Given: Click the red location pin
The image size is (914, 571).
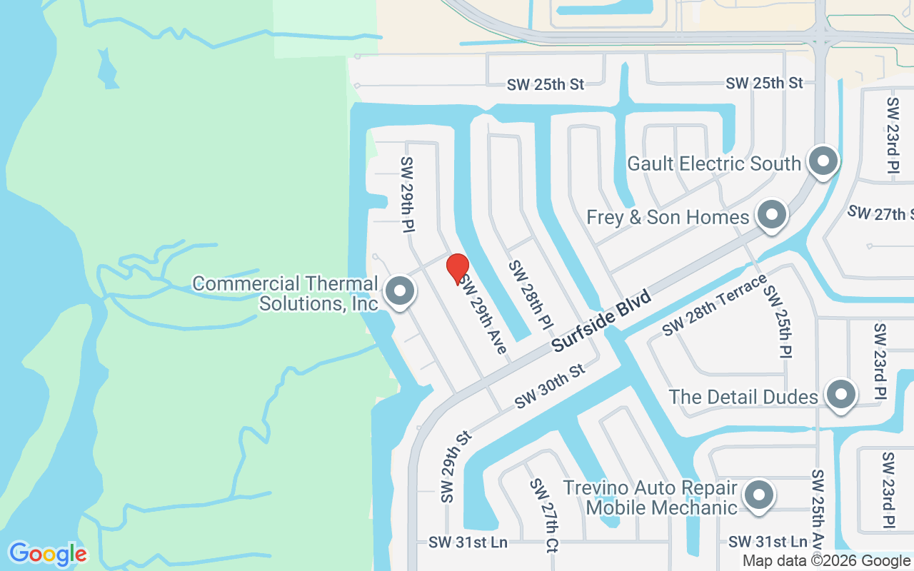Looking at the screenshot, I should (x=458, y=268).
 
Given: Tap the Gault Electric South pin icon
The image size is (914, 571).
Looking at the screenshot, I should (x=823, y=161).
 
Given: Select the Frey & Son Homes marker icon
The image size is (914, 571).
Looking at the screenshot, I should (x=771, y=215).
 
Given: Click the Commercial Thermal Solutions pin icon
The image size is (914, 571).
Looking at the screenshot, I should (x=400, y=291).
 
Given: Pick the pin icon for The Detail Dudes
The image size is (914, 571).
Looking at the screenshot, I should (x=840, y=395).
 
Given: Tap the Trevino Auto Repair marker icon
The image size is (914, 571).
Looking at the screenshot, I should (x=758, y=495).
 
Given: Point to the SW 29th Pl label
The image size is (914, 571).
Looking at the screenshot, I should (x=408, y=193).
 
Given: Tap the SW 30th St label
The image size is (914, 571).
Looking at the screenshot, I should (x=550, y=386).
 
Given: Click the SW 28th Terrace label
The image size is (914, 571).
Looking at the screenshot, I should (x=713, y=305).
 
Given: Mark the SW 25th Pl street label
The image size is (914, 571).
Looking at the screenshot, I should (x=778, y=321).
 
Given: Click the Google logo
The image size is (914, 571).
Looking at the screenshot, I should (x=48, y=554).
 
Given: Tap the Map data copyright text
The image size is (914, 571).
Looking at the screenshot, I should (x=827, y=561).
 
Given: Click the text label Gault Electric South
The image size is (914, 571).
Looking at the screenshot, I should (x=714, y=163).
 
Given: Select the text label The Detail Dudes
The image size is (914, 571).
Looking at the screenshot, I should (x=743, y=397).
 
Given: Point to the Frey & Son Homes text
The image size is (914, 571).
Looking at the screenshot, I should (x=668, y=217).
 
